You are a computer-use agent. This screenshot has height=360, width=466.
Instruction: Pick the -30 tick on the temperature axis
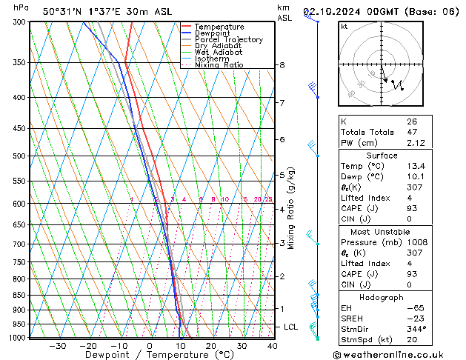(x=57, y=346)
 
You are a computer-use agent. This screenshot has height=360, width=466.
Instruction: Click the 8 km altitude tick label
(x=282, y=65)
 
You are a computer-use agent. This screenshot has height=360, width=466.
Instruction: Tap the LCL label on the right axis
(x=291, y=327)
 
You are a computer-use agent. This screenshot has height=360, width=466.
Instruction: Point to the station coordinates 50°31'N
(x=63, y=11)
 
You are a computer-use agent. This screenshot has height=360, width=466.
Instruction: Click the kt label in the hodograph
(x=344, y=27)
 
